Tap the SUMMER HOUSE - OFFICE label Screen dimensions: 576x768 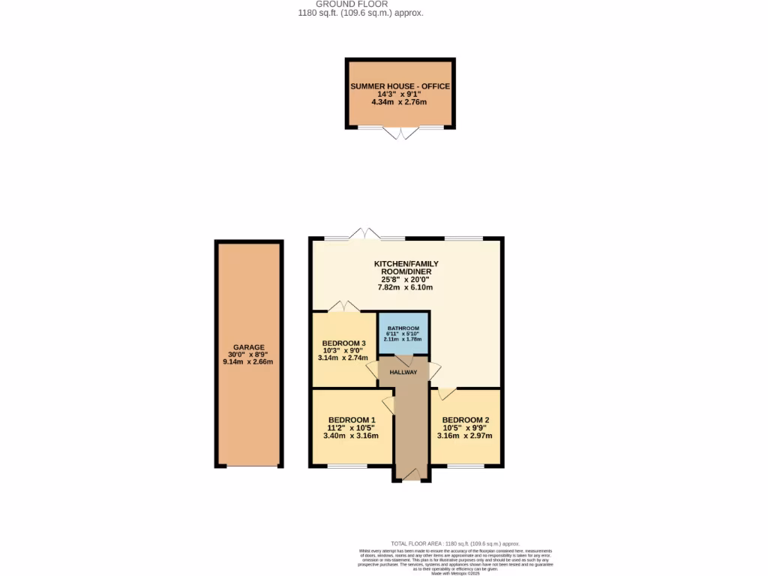[400, 86]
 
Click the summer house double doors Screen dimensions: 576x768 [400, 133]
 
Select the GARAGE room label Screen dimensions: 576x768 [248, 347]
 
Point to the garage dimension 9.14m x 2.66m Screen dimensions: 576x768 [248, 361]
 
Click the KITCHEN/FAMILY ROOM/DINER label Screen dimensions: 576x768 [406, 268]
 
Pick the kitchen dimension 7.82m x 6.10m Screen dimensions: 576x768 [406, 287]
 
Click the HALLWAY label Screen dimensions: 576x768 [403, 372]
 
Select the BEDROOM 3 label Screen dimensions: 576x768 [343, 343]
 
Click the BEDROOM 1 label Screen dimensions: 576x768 [351, 420]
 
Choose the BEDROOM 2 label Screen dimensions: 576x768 [465, 420]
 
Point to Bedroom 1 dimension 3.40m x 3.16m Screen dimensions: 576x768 [351, 436]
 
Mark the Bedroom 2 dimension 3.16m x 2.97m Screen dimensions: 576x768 [465, 436]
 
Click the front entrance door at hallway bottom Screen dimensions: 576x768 [410, 475]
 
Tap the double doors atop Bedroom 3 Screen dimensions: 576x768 [343, 306]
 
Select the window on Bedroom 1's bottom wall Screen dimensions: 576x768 [347, 466]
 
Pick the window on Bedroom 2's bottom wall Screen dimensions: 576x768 [466, 466]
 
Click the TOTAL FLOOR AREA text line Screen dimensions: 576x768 [455, 544]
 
